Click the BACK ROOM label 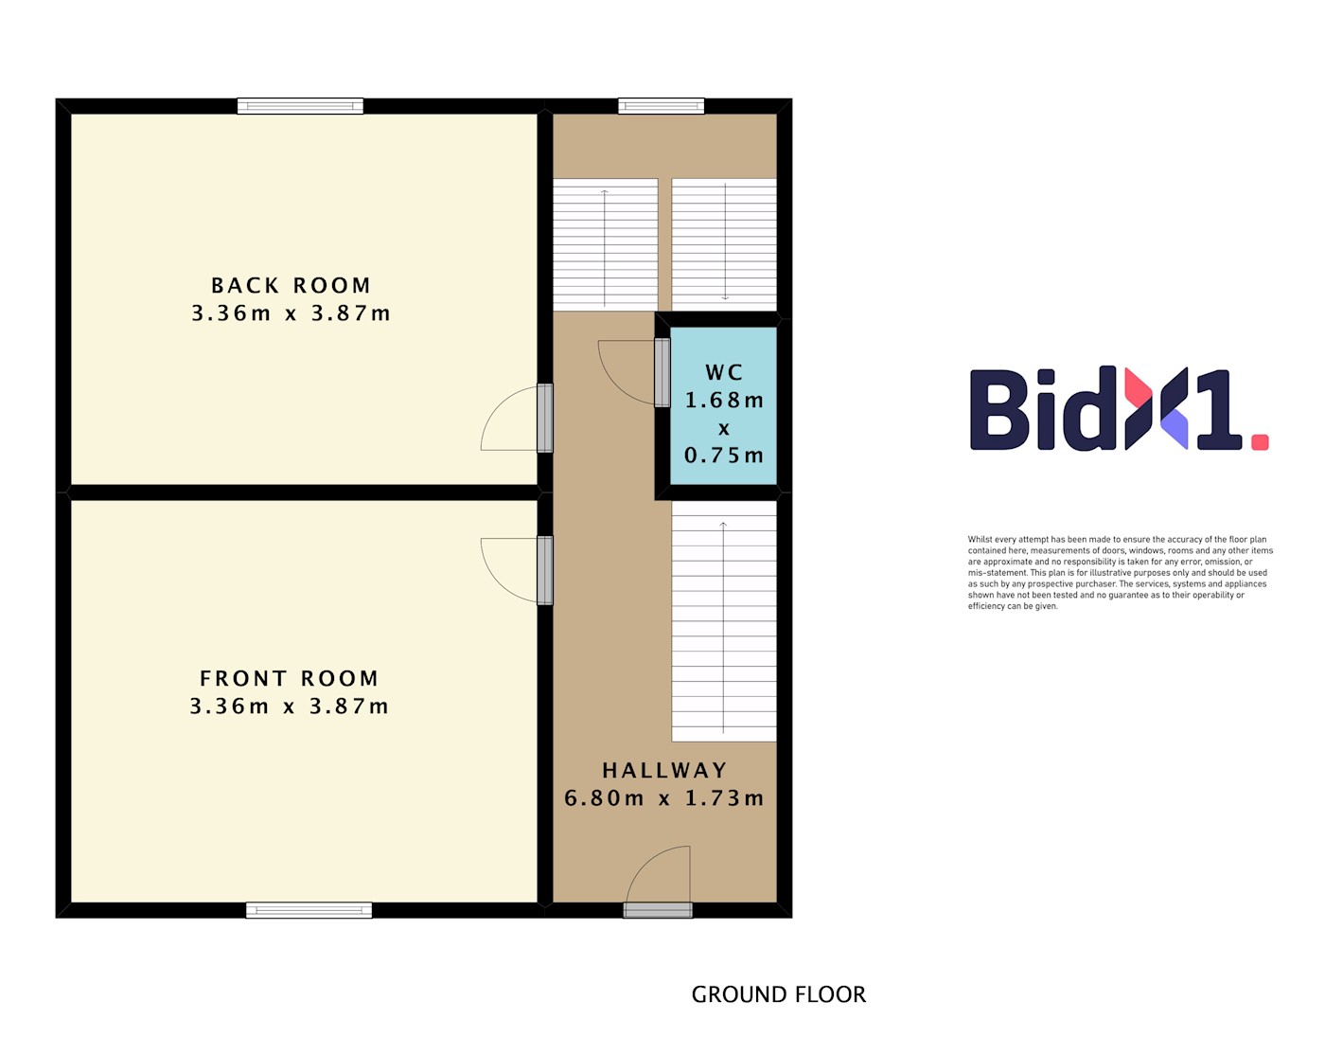pos(291,286)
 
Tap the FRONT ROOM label pos(289,678)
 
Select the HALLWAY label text pos(664,770)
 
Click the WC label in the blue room pos(724,372)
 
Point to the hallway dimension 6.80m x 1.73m pos(663,798)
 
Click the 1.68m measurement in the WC pos(724,401)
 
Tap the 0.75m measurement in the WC pos(724,456)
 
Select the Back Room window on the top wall pos(300,106)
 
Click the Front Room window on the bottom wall pos(309,910)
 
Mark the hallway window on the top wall pos(662,106)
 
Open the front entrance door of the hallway pos(658,910)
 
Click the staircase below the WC pos(724,620)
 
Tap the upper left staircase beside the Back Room pos(606,244)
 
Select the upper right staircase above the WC pos(724,244)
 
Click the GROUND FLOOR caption pos(778,994)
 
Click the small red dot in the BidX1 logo pos(1260,442)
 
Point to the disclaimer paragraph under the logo pos(1120,573)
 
